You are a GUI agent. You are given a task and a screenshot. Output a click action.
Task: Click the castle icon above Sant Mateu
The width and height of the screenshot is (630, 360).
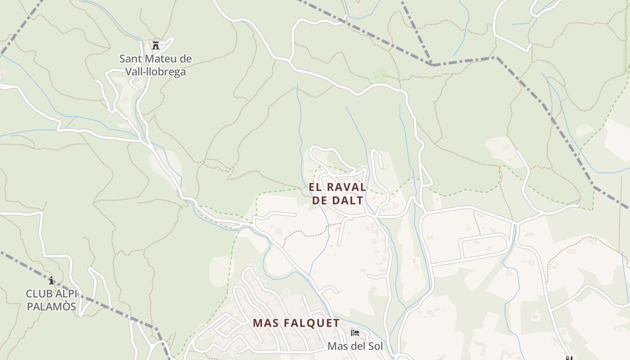coord(156,45)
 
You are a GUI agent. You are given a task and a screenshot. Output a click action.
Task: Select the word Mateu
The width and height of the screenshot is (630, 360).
coord(160,59)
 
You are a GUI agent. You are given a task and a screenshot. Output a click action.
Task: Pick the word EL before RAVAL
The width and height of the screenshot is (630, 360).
coord(315,187)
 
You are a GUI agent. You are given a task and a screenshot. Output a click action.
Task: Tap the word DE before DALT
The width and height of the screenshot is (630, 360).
coord(319,201)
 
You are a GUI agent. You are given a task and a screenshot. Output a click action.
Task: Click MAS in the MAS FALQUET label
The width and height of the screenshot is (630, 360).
coord(266,323)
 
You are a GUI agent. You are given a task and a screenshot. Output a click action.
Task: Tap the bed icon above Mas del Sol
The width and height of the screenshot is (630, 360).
coord(355,333)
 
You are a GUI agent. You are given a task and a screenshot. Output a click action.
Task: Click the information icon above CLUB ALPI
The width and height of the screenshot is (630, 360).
coord(51,280)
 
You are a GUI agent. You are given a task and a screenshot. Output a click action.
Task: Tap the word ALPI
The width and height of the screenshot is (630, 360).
coord(67,294)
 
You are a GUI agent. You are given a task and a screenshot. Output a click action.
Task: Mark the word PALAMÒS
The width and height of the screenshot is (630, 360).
coord(51,307)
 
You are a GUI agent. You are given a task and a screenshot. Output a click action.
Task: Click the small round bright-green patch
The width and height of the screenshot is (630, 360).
coord(381,76)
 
